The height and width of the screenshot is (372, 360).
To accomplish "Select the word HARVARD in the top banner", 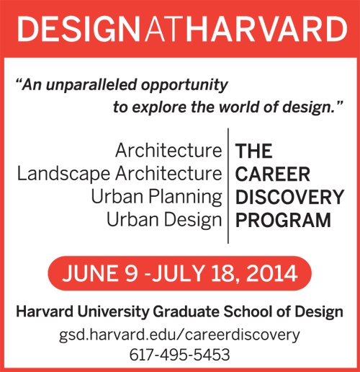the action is pyautogui.click(x=266, y=30).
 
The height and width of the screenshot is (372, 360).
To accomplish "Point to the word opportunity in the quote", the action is pyautogui.click(x=184, y=86).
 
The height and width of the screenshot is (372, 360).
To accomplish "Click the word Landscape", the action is pyautogui.click(x=63, y=174).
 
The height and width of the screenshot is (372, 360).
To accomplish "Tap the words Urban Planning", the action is pyautogui.click(x=156, y=197).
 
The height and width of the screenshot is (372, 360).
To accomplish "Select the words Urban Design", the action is pyautogui.click(x=164, y=220).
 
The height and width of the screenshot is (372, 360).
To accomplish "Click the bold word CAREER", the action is pyautogui.click(x=272, y=174).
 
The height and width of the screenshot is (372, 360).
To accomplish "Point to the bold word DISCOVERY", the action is pyautogui.click(x=289, y=197).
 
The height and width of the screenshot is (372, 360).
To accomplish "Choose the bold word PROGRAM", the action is pyautogui.click(x=283, y=220).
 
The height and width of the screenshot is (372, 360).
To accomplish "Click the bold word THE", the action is pyautogui.click(x=253, y=151).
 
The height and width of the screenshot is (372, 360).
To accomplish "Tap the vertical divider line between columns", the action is pyautogui.click(x=228, y=186).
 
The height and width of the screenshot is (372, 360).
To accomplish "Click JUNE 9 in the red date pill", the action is pyautogui.click(x=100, y=273).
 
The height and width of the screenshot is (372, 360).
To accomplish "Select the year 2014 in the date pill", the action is pyautogui.click(x=272, y=273).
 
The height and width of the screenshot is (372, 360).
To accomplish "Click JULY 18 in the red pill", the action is pyautogui.click(x=195, y=273).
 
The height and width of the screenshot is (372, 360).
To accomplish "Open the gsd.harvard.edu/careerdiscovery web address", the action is pyautogui.click(x=179, y=335).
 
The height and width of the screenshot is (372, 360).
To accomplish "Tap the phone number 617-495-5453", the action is pyautogui.click(x=179, y=355).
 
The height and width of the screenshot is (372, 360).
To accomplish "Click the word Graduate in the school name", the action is pyautogui.click(x=186, y=311).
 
